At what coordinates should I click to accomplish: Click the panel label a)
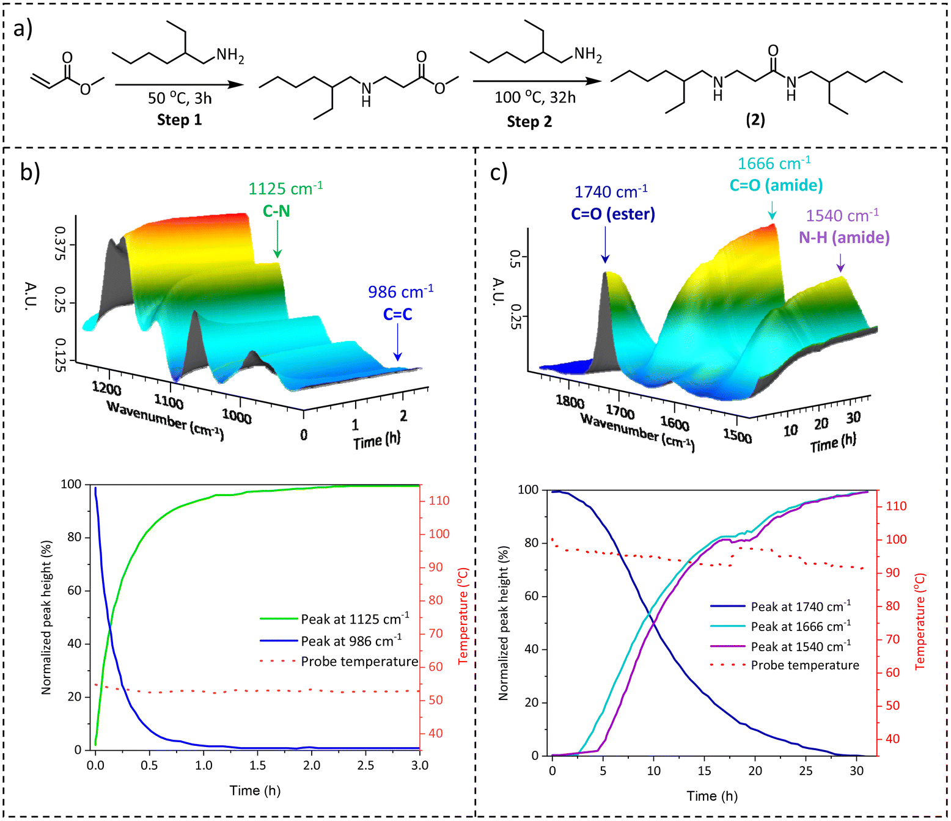tap(23, 29)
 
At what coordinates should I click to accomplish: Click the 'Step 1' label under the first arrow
tap(179, 120)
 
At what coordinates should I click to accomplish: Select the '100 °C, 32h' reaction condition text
tap(535, 98)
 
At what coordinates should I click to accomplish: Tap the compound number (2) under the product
tap(755, 120)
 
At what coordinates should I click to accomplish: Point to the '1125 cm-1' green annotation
tap(285, 189)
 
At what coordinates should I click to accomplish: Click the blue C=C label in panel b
tap(397, 314)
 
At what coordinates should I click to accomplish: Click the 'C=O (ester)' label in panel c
tap(612, 214)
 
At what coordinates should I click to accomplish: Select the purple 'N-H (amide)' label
tap(844, 238)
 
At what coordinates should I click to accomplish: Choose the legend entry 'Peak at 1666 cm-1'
tap(800, 627)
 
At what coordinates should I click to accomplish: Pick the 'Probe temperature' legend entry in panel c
tap(804, 665)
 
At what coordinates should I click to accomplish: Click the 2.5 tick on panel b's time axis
tap(365, 765)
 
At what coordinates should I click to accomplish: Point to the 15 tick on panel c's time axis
tap(704, 771)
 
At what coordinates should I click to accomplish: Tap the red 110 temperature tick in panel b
tap(439, 501)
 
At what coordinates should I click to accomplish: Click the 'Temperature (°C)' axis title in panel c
tap(920, 621)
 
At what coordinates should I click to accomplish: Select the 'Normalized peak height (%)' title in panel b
tap(46, 617)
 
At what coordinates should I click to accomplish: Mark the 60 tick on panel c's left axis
tap(532, 596)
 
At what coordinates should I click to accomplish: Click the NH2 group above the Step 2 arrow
tap(588, 55)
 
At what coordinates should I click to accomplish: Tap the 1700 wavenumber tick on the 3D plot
tap(620, 412)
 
